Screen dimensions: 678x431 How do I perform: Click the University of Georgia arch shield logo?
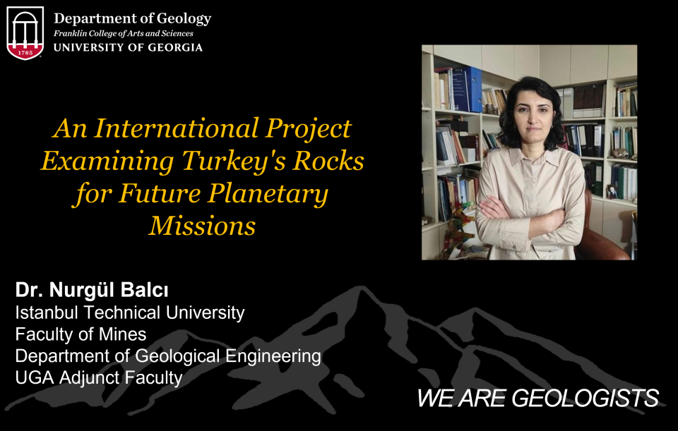pos(25,33)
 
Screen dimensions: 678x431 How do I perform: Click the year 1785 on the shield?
pos(25,52)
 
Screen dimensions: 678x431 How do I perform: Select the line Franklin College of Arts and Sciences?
pos(123,33)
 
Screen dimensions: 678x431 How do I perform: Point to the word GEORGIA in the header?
pos(175,47)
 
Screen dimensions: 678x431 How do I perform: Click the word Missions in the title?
pos(203,226)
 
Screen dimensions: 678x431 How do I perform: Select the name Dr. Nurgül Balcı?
pos(92,290)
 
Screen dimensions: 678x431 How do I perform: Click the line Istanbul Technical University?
pos(130,312)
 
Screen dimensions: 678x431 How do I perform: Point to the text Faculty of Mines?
pos(81,334)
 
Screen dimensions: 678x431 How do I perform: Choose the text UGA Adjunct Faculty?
pos(99,378)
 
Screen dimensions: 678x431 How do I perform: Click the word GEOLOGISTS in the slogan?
pos(585,398)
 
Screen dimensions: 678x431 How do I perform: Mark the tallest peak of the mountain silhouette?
pos(360,287)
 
